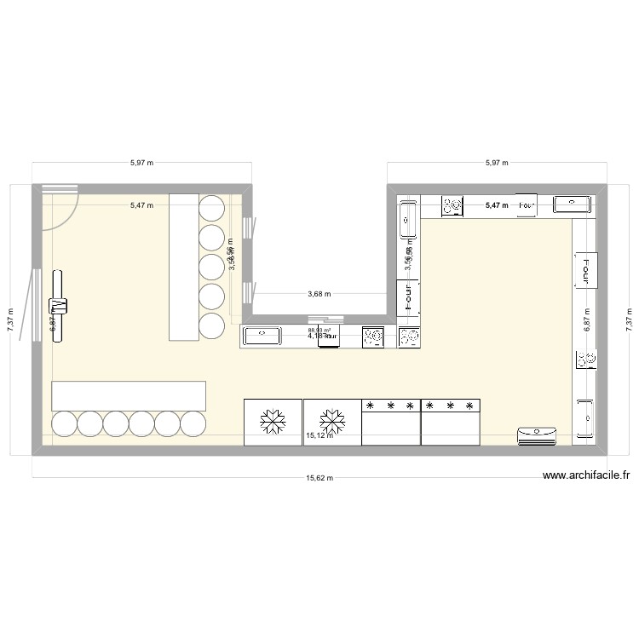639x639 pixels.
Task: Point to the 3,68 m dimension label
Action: coord(319,295)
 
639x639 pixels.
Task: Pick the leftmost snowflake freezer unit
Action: coord(273,421)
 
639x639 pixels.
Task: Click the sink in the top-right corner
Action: coord(572,204)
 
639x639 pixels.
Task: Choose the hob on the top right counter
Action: coord(452,204)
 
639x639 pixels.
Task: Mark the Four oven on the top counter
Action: coord(527,205)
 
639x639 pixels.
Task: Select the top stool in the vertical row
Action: coord(211,206)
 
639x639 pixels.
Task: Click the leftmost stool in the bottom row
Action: coord(65,423)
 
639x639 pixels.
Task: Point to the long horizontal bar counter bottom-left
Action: coord(129,395)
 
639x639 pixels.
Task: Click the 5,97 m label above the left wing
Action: coord(141,162)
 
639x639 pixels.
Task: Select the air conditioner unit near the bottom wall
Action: coord(537,436)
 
